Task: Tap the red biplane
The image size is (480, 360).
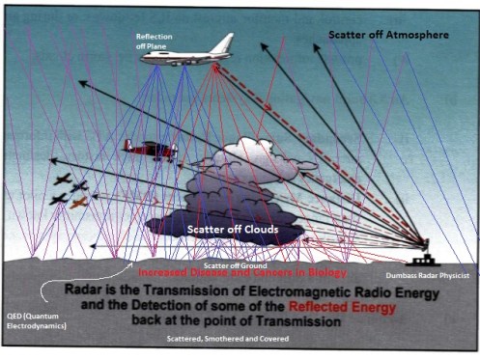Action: tap(149, 150)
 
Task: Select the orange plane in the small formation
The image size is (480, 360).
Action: tap(78, 203)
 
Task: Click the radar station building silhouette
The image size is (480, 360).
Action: tap(422, 259)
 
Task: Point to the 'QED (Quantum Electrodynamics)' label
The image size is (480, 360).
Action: tap(33, 318)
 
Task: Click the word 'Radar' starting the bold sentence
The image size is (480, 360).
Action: tap(90, 289)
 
